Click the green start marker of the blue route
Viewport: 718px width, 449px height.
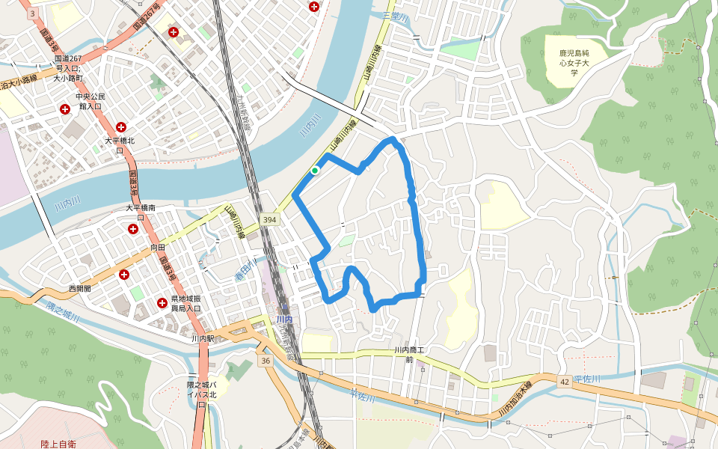coord(315,171)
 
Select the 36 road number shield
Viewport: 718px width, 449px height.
coord(266,361)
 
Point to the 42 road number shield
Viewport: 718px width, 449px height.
coord(563,382)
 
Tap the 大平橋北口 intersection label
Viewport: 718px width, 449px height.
coord(120,144)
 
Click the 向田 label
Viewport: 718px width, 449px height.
coord(157,246)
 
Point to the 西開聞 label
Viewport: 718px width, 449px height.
coord(79,288)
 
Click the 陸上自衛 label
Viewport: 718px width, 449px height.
coord(58,444)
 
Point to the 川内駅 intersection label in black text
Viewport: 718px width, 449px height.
coord(203,338)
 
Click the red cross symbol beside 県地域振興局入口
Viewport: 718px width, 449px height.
coord(162,303)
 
